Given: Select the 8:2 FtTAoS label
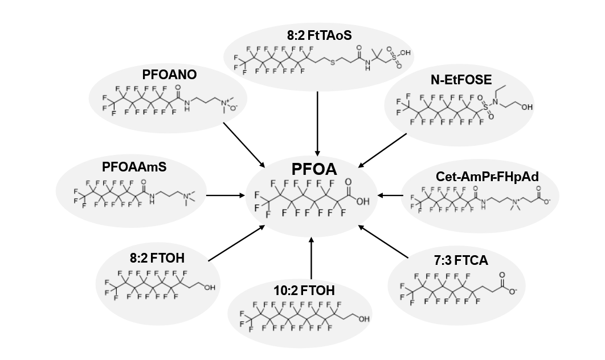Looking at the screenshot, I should (x=320, y=36).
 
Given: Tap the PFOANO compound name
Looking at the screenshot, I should (x=169, y=74).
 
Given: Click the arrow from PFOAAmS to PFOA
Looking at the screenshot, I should (x=227, y=196).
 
